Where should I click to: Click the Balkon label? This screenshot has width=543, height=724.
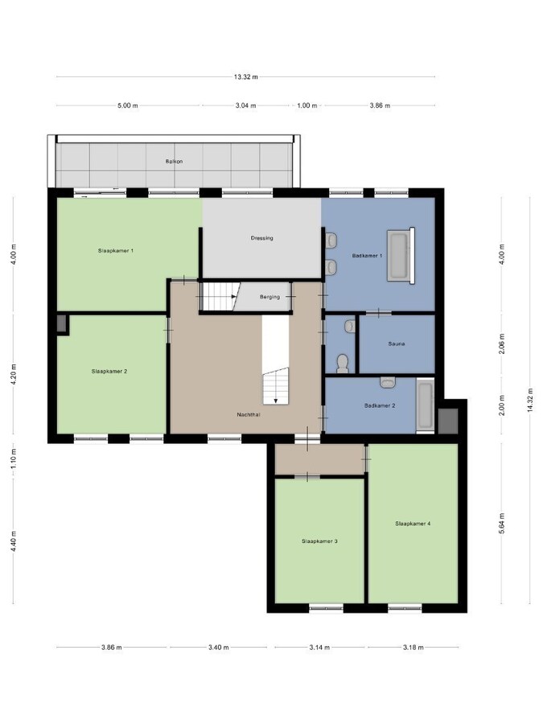[x=174, y=162]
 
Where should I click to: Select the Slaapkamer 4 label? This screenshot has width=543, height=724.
[x=413, y=524]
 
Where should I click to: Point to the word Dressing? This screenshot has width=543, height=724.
[x=262, y=238]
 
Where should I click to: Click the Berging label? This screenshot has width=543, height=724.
[x=269, y=297]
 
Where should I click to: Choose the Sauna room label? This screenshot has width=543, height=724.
[x=396, y=343]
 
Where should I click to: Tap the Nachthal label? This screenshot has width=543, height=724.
[x=249, y=414]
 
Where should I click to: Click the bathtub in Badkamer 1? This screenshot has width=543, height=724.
[x=399, y=256]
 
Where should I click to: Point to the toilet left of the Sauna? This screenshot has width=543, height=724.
[x=343, y=363]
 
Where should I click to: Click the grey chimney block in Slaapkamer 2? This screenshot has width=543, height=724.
[x=63, y=323]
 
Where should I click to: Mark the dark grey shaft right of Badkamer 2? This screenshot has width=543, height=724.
[x=448, y=420]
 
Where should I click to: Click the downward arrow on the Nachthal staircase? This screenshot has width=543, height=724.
[x=275, y=399]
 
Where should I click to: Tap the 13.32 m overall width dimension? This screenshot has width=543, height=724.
[x=245, y=77]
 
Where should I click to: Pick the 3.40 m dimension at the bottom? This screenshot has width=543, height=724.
[x=217, y=647]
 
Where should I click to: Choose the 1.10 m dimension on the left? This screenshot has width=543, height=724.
[x=14, y=463]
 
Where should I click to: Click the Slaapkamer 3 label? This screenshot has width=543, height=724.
[x=319, y=541]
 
